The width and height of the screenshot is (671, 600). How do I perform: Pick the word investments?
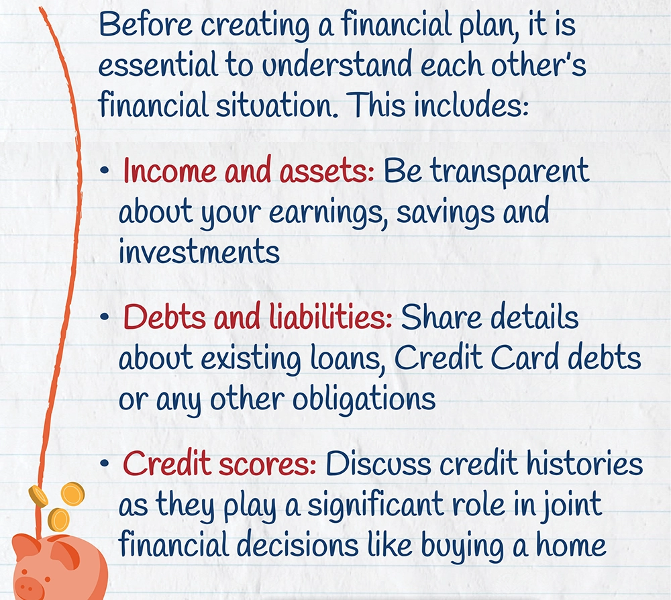coord(199,252)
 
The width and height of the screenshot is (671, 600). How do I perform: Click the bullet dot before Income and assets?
coord(104,171)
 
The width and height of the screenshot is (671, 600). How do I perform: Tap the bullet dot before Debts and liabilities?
coord(104,317)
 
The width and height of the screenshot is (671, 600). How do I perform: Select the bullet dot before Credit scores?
coord(104,463)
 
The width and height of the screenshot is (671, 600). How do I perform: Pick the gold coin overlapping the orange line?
coord(38,497)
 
